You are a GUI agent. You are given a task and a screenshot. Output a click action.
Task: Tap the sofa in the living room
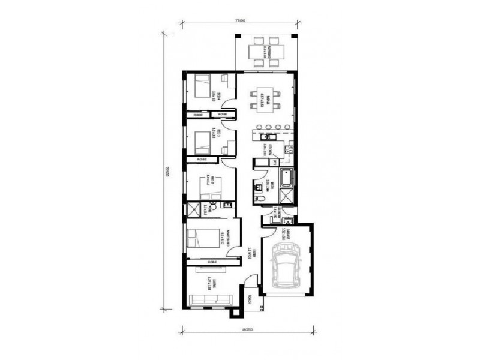click(x=209, y=299)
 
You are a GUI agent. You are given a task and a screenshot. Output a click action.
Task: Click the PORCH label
click(x=252, y=304)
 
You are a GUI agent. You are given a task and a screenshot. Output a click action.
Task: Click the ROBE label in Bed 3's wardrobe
click(x=202, y=159)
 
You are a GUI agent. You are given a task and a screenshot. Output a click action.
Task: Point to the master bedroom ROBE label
click(x=211, y=262)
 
